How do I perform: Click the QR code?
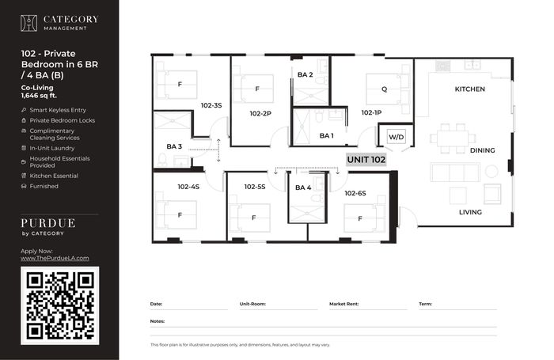[59, 305]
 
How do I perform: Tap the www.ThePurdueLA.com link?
[55, 258]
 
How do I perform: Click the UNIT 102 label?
[366, 160]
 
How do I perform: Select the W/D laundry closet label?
[396, 137]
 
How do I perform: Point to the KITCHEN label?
[469, 89]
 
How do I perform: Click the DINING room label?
[482, 150]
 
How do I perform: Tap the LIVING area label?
[470, 212]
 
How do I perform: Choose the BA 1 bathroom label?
[326, 135]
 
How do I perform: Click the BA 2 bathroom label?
[305, 75]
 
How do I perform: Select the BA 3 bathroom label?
[174, 146]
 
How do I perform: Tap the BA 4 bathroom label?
[303, 188]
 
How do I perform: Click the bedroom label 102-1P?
[371, 112]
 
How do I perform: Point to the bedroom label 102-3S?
[211, 105]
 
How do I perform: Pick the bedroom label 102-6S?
[355, 193]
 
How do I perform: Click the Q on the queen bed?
[384, 89]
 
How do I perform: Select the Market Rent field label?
[343, 304]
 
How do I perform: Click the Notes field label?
[157, 321]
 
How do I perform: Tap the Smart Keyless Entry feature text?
[58, 110]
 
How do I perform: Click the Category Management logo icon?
[28, 23]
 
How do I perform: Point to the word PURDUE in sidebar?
[48, 223]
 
